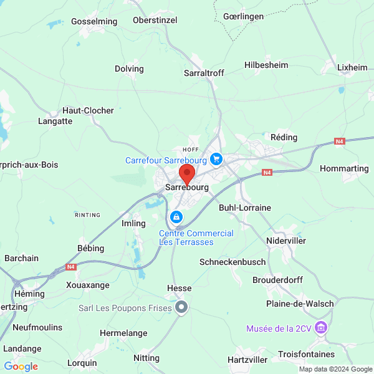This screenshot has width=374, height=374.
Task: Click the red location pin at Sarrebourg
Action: (187, 174)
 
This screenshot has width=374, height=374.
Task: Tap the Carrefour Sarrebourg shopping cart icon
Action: (216, 160)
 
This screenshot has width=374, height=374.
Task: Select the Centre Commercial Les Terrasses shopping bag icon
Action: (176, 217)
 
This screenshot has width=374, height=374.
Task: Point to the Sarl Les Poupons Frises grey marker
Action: (181, 307)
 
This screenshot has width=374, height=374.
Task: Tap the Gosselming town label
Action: (94, 21)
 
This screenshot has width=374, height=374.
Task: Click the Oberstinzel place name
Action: (155, 20)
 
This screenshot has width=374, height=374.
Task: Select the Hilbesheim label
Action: (266, 65)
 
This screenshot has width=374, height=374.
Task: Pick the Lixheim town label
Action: (352, 67)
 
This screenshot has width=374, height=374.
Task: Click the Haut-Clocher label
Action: (88, 110)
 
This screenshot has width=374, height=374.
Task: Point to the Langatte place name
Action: (55, 122)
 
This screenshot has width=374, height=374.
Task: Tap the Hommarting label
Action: (343, 168)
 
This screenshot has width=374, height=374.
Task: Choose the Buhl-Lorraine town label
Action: (241, 208)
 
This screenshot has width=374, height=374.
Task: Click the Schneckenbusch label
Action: (233, 262)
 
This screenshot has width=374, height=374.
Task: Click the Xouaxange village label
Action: (88, 285)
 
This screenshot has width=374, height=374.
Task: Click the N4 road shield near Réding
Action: (339, 141)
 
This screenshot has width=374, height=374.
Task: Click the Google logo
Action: (21, 367)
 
